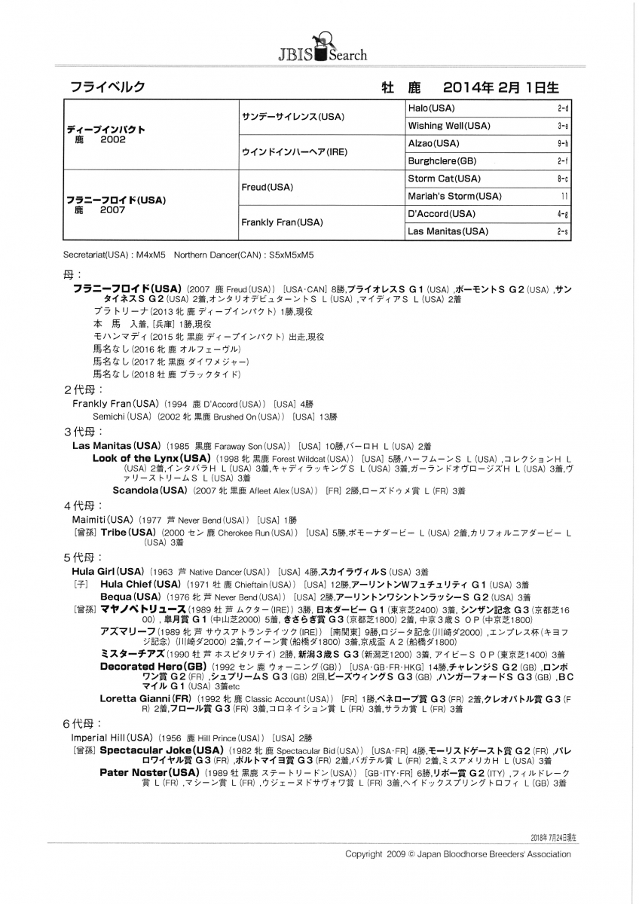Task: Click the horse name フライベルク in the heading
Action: [108, 88]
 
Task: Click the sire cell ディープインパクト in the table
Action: [105, 130]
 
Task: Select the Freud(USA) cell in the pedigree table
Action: [268, 187]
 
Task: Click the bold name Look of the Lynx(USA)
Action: [151, 458]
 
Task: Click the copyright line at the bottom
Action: [457, 854]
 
